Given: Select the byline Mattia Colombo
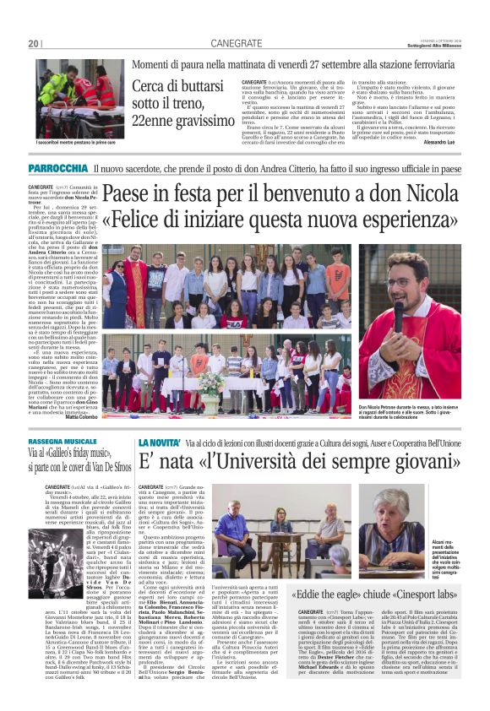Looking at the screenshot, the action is click(x=82, y=417).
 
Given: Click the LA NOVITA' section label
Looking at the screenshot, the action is click(x=160, y=442).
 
